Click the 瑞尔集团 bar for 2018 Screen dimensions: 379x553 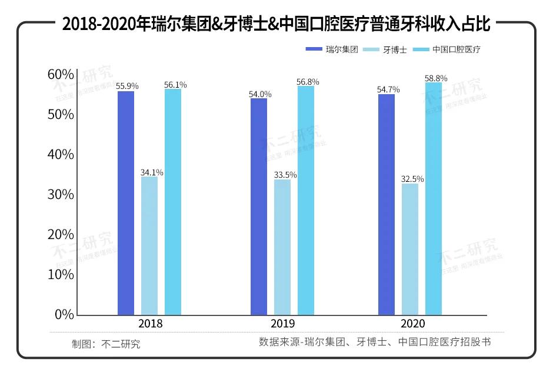tap(126, 203)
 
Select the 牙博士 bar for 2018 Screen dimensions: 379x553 tap(149, 246)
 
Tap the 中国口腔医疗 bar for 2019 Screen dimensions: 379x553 tap(306, 201)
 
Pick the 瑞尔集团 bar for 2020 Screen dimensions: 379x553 tap(387, 205)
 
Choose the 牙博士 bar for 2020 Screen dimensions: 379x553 tap(410, 250)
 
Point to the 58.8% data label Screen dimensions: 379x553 tap(437, 78)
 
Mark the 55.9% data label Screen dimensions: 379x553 tap(127, 86)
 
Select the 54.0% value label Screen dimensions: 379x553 tap(260, 94)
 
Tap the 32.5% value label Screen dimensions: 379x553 tap(413, 179)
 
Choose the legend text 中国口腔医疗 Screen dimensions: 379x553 tap(457, 50)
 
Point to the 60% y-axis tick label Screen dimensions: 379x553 tap(61, 75)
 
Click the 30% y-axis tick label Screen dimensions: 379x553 tap(61, 194)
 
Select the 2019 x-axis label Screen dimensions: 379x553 tap(283, 324)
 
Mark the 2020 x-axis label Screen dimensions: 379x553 tap(412, 324)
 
